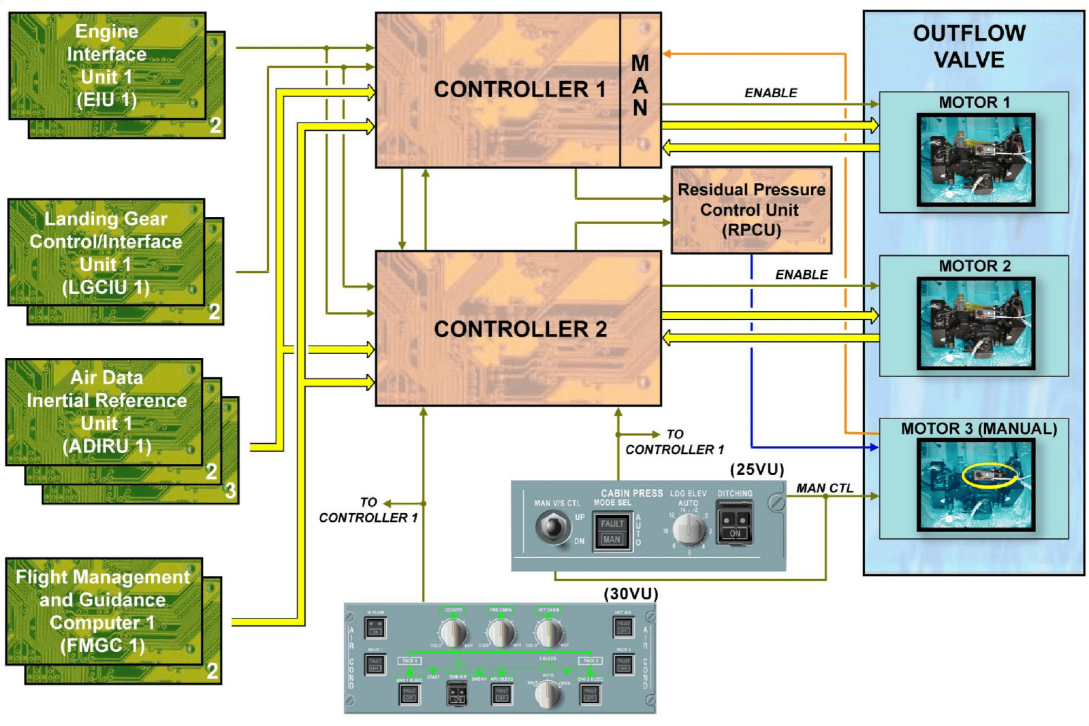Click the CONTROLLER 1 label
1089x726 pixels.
pos(519,89)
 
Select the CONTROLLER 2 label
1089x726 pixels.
pos(520,329)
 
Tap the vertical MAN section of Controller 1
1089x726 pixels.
pos(640,87)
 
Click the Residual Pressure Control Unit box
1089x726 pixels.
pos(751,210)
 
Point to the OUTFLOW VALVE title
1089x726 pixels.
pos(968,46)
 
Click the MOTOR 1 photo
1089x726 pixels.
pos(975,160)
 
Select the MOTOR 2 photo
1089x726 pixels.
pos(975,323)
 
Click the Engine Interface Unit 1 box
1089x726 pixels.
pos(107,65)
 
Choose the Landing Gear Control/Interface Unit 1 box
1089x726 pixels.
pos(106,252)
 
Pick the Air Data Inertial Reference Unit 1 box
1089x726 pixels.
pos(106,412)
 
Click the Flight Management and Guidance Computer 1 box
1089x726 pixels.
pos(104,611)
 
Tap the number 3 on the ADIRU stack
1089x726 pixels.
pos(230,490)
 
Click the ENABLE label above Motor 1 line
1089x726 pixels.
pos(770,93)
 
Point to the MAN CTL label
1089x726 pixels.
pos(824,488)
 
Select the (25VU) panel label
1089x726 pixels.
pos(757,469)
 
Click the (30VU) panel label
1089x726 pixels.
pos(631,593)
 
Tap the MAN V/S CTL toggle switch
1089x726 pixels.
pos(552,527)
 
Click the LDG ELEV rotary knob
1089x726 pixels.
pos(690,528)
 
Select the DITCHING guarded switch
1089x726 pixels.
pos(735,523)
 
